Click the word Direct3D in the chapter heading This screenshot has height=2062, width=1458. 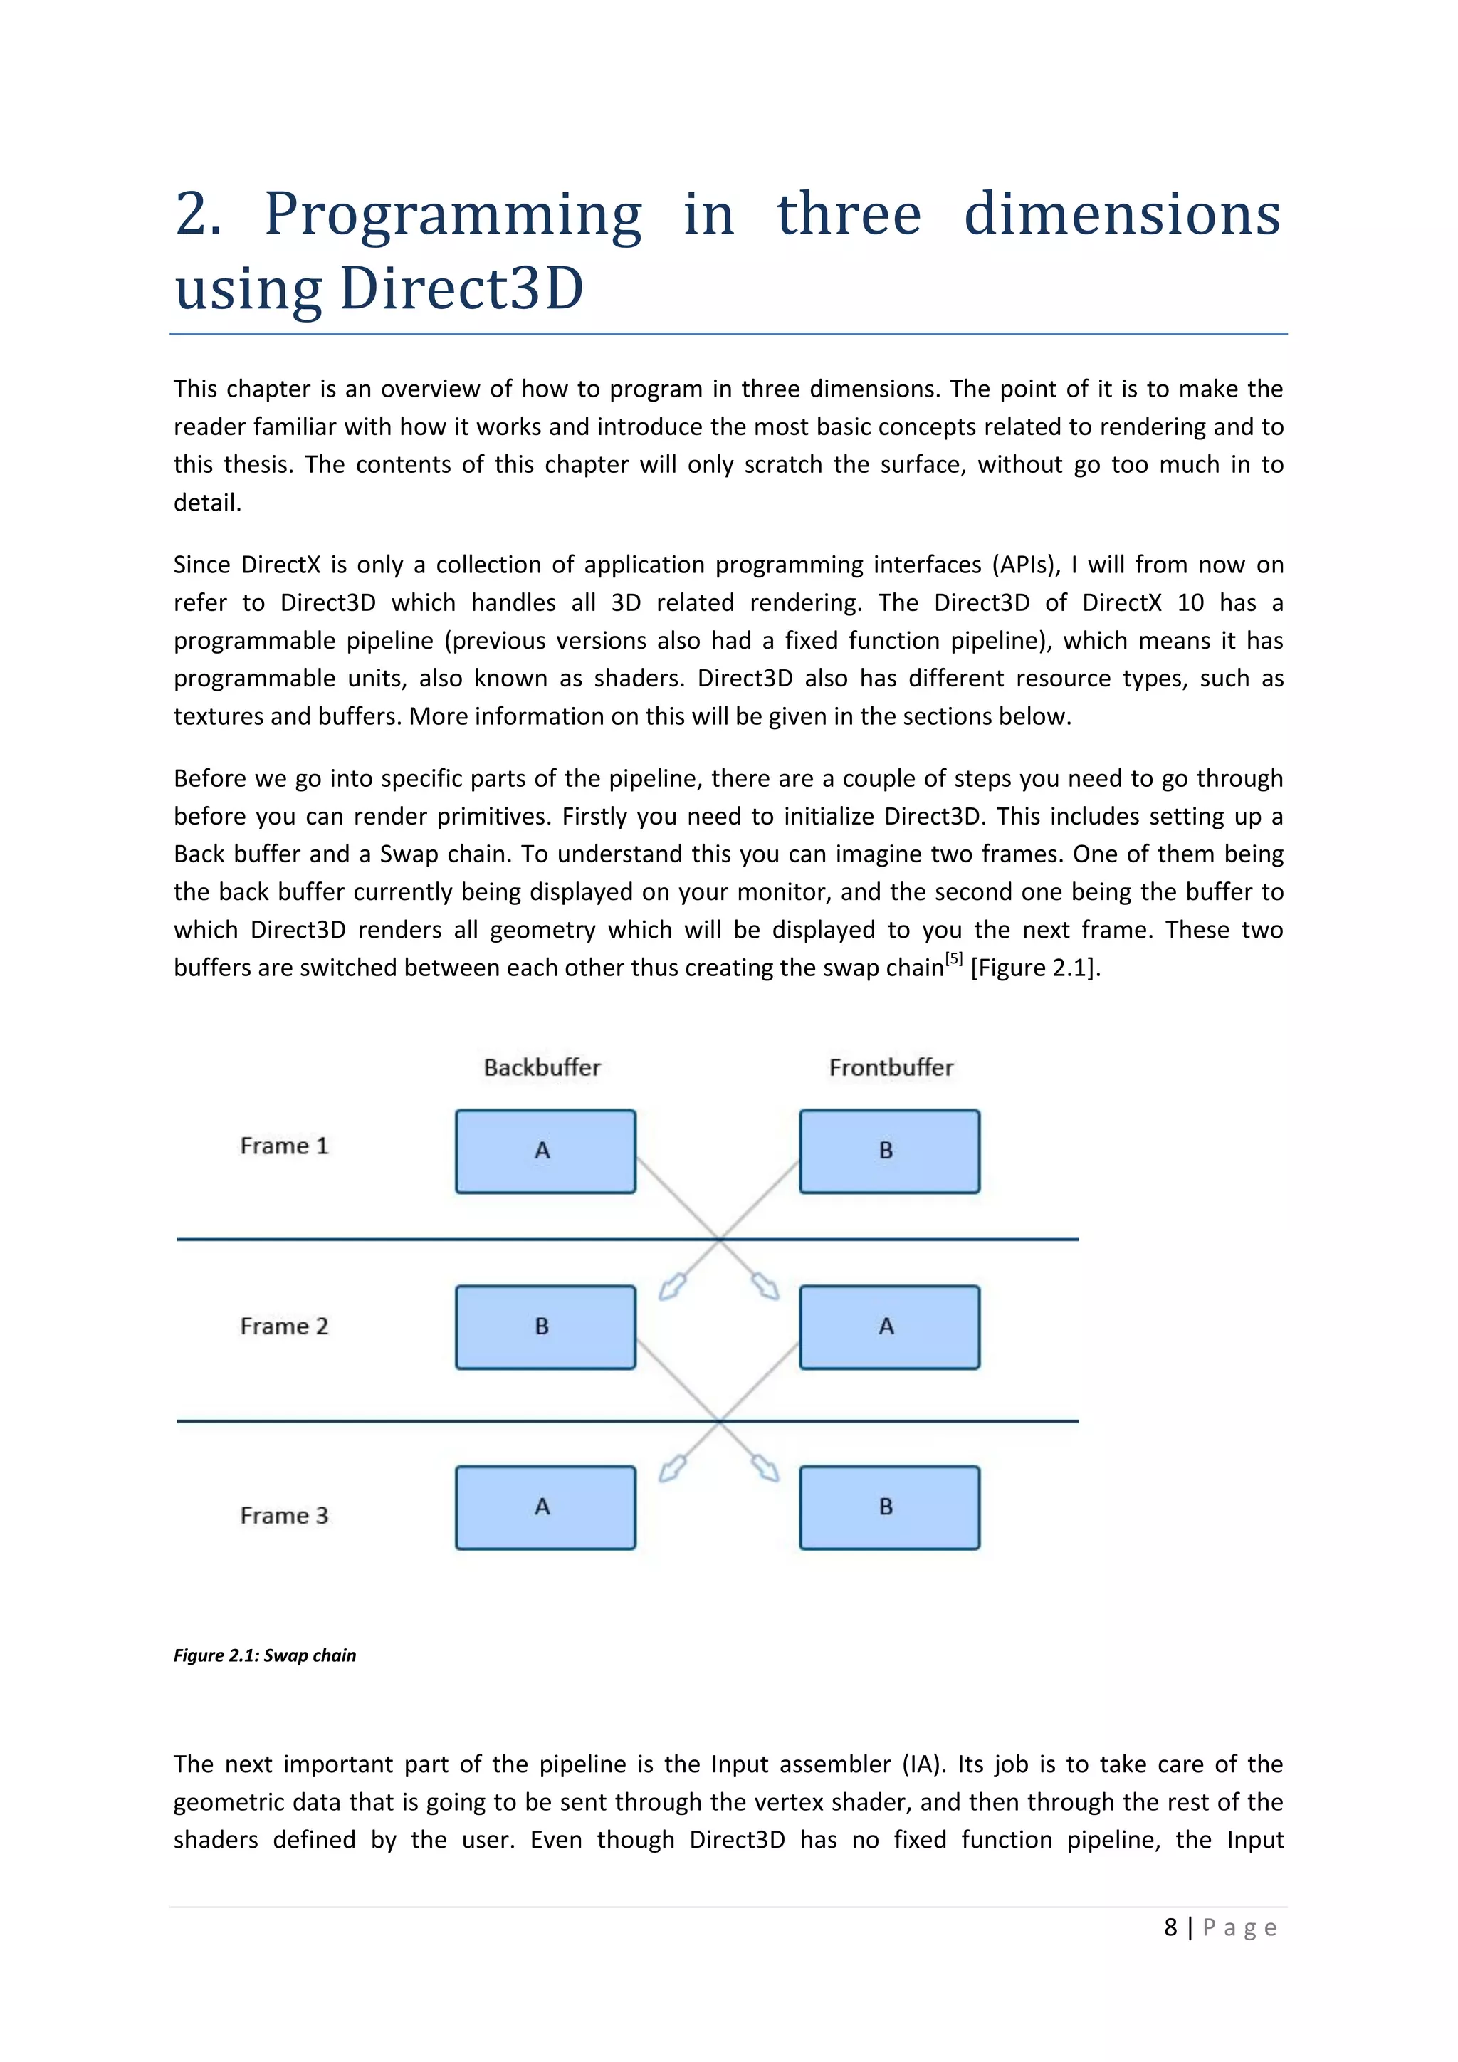(461, 289)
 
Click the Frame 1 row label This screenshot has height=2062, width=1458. (284, 1146)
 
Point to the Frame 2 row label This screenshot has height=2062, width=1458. (284, 1326)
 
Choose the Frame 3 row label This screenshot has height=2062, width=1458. (284, 1516)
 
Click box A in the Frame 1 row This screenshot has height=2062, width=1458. (545, 1151)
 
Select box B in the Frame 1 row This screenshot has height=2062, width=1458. (888, 1151)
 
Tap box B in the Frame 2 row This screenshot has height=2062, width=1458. (545, 1327)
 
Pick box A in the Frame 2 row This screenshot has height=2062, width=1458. (888, 1327)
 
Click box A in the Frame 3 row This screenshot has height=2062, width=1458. (545, 1508)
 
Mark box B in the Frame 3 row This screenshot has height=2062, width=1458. (888, 1508)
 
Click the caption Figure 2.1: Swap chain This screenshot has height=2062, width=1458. (265, 1655)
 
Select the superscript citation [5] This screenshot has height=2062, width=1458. (953, 959)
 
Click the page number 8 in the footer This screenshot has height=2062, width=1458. (1170, 1927)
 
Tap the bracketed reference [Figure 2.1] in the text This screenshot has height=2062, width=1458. (1034, 968)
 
